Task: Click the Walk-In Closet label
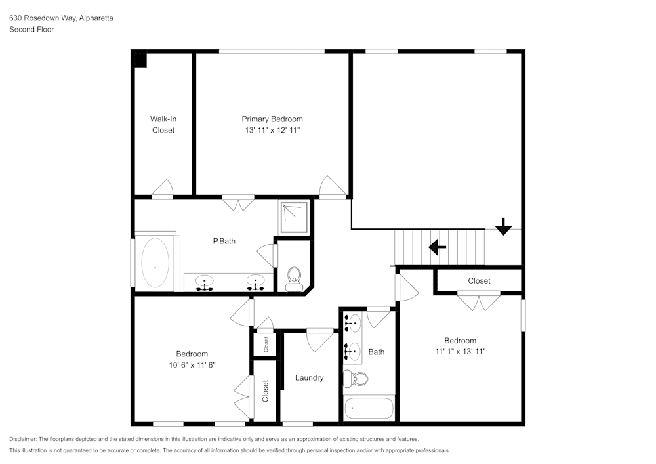tap(163, 125)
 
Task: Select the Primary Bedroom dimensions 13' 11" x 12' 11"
tap(272, 130)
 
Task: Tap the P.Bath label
tap(224, 241)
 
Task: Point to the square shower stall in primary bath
tap(293, 217)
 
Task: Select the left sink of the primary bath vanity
tap(205, 282)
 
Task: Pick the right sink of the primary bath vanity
tap(255, 282)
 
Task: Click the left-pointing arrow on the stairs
tap(437, 247)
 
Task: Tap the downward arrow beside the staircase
tap(503, 227)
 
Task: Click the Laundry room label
tap(309, 377)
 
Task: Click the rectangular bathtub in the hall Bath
tap(369, 408)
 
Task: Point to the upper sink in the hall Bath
tap(354, 323)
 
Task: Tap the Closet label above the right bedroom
tap(479, 280)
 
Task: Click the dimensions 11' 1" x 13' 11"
tap(460, 351)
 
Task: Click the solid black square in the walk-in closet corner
tap(139, 59)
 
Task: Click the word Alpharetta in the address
tap(96, 18)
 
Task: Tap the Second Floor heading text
tap(31, 30)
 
